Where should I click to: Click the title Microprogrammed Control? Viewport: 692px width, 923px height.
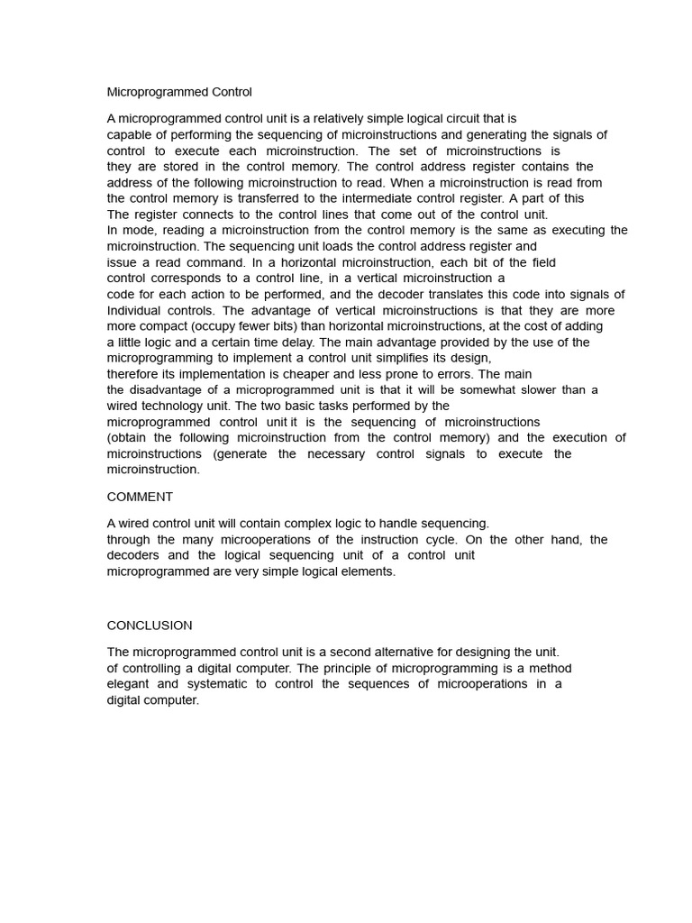[179, 92]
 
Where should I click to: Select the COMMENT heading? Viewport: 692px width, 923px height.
[140, 497]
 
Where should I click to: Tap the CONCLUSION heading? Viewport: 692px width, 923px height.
[150, 626]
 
